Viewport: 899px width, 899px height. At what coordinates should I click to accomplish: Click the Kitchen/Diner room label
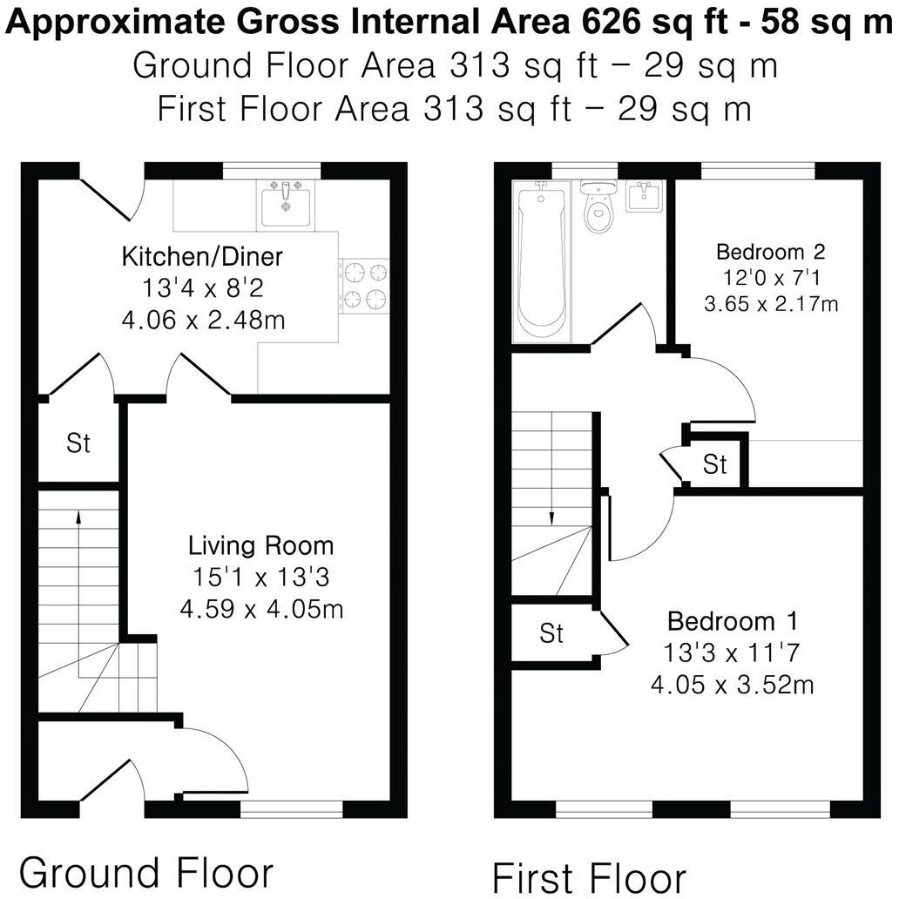click(x=202, y=257)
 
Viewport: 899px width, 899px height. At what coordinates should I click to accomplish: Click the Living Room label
click(x=260, y=546)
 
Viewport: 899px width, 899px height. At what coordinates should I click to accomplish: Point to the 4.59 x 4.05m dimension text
click(x=261, y=608)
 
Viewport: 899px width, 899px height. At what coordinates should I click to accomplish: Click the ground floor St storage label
click(x=78, y=443)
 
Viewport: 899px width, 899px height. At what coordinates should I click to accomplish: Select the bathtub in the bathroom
click(x=541, y=261)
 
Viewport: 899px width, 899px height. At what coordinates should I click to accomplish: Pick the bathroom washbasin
click(x=646, y=197)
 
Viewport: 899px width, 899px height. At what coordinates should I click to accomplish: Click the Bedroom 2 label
click(x=770, y=253)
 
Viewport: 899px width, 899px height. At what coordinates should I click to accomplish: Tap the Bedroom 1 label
click(x=732, y=622)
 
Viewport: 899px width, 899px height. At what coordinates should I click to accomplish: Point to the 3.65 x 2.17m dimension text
click(x=770, y=304)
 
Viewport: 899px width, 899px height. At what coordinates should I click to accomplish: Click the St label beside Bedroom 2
click(x=715, y=464)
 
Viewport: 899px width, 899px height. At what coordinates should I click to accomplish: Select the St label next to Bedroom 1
click(x=551, y=633)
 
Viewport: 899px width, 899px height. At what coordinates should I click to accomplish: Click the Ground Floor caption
click(x=146, y=872)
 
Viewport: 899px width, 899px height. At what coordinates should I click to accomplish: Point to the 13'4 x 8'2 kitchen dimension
click(x=202, y=288)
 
